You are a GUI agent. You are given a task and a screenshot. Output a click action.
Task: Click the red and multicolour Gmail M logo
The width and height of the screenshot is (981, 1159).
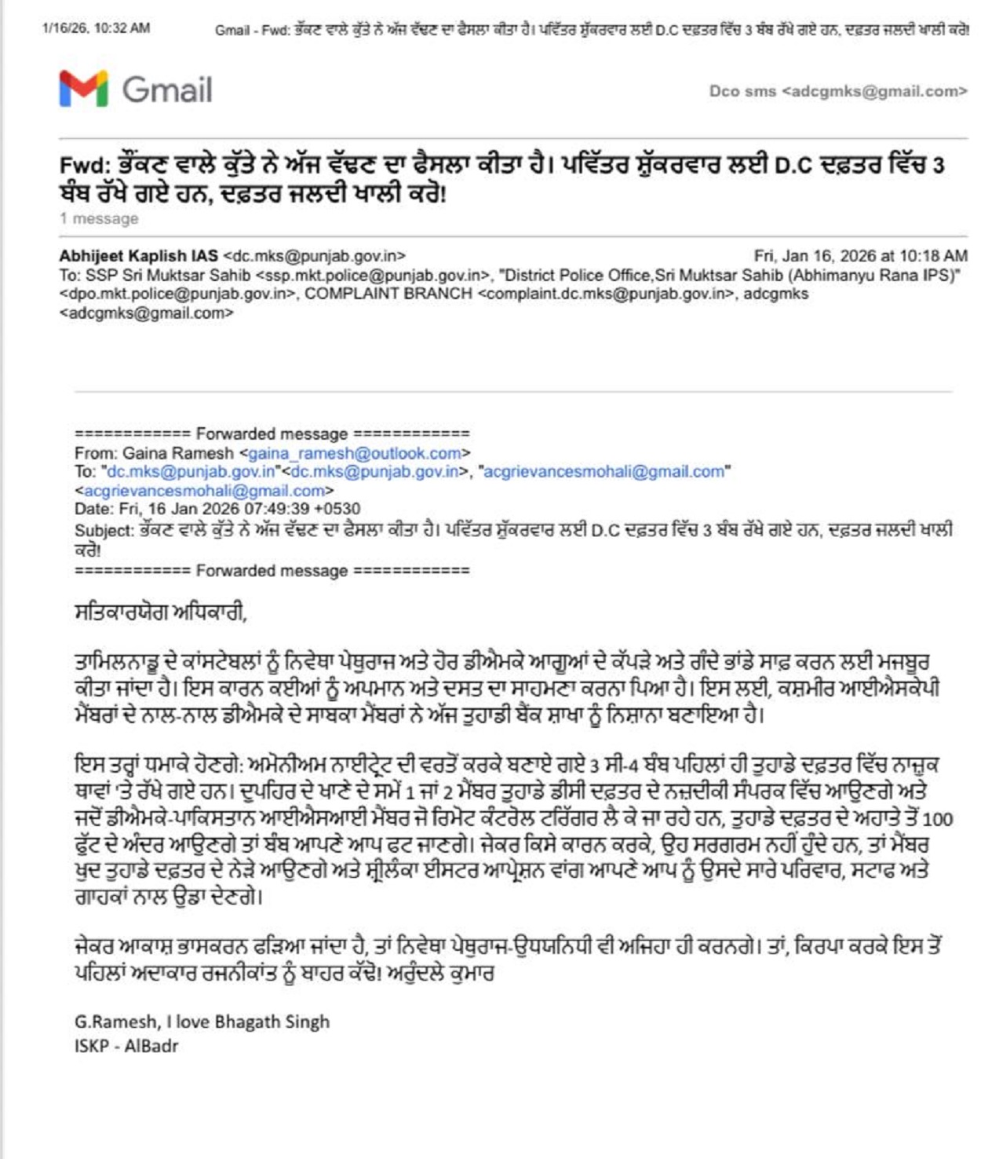[x=83, y=89]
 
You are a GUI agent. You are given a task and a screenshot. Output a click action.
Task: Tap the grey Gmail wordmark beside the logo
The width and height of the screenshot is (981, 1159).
[x=167, y=90]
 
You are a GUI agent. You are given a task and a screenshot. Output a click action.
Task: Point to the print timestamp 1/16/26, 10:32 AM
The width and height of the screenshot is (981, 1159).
[x=96, y=28]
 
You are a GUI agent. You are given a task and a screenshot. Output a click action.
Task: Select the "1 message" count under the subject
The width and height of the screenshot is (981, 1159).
[x=99, y=219]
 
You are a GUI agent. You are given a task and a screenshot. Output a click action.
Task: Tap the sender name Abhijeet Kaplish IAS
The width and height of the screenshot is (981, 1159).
[x=138, y=256]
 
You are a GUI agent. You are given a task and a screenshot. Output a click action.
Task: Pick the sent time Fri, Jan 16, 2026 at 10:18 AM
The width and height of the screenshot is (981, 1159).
[x=860, y=256]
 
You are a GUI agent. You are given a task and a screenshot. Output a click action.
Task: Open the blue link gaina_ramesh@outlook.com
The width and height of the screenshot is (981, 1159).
[x=355, y=453]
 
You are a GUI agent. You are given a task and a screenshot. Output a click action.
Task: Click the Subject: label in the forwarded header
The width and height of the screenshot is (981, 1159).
[x=104, y=530]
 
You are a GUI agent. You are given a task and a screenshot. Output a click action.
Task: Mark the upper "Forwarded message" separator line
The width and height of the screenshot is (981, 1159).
[x=272, y=433]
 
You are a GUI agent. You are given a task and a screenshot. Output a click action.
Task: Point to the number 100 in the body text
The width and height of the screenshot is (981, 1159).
[x=937, y=820]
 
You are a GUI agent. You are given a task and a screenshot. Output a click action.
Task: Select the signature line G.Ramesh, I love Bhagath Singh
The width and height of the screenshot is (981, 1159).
[x=202, y=1022]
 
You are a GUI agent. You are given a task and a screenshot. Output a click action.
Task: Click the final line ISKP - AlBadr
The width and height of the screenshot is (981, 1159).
[x=126, y=1046]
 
